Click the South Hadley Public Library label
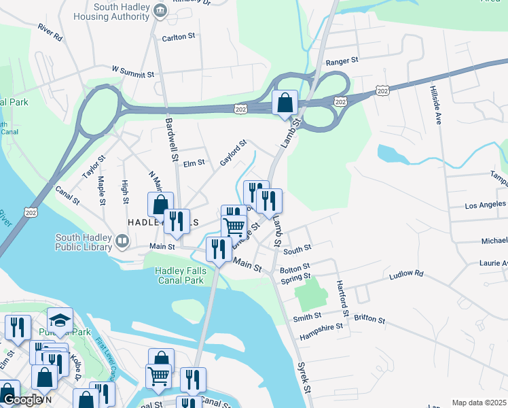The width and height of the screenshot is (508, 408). tap(84, 242)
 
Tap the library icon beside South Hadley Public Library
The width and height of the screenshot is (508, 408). tap(122, 240)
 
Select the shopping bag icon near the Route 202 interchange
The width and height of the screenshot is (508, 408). tap(285, 103)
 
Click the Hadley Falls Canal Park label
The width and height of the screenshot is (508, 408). tap(180, 275)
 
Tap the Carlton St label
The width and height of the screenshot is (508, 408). tap(179, 38)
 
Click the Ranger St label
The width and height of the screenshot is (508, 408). tap(342, 61)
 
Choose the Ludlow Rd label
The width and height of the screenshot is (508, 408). tap(406, 274)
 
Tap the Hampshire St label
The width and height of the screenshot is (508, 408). tap(321, 326)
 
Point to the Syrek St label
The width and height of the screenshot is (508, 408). tap(304, 376)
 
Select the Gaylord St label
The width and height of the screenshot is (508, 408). tap(232, 153)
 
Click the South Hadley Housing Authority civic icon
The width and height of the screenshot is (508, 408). tap(160, 10)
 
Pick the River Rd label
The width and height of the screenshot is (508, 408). tap(50, 33)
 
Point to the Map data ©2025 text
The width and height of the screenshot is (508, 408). tap(479, 403)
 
